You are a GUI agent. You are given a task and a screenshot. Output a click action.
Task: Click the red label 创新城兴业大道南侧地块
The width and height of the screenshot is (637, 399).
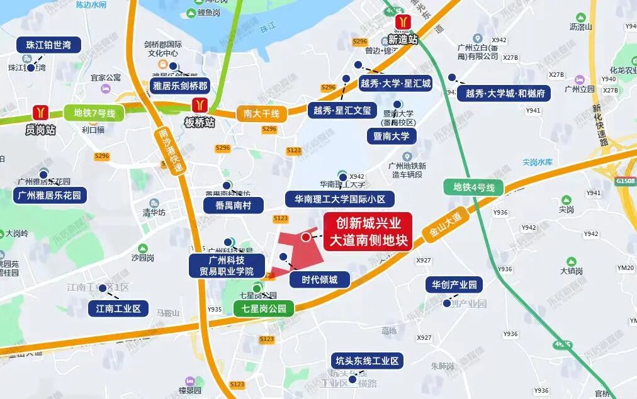tap(368, 232)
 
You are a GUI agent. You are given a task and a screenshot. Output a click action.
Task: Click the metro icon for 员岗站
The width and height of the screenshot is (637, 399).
tap(41, 113)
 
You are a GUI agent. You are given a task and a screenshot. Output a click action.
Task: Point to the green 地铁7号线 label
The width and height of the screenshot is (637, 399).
tap(94, 114)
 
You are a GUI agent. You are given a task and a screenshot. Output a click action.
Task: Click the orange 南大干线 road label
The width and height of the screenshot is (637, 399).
tap(261, 115)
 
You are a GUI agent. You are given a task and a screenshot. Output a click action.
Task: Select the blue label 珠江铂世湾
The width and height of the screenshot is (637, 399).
tap(48, 45)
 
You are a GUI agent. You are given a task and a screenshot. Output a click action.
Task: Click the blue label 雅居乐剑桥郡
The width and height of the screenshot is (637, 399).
tap(180, 86)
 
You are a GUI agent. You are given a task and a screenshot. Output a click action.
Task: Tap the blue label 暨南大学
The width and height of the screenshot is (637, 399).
tap(392, 136)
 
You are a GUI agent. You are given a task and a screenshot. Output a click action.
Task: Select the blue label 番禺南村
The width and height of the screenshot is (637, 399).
tap(228, 205)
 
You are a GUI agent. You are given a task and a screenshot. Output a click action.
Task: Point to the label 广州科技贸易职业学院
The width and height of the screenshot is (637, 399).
tap(222, 266)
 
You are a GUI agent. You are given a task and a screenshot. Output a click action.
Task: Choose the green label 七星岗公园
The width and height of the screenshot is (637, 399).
tap(263, 308)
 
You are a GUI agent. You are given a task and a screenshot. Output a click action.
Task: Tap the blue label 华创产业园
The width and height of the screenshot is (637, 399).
tap(454, 284)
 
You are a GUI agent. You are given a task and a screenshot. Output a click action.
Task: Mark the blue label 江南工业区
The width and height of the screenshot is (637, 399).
tap(118, 308)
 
